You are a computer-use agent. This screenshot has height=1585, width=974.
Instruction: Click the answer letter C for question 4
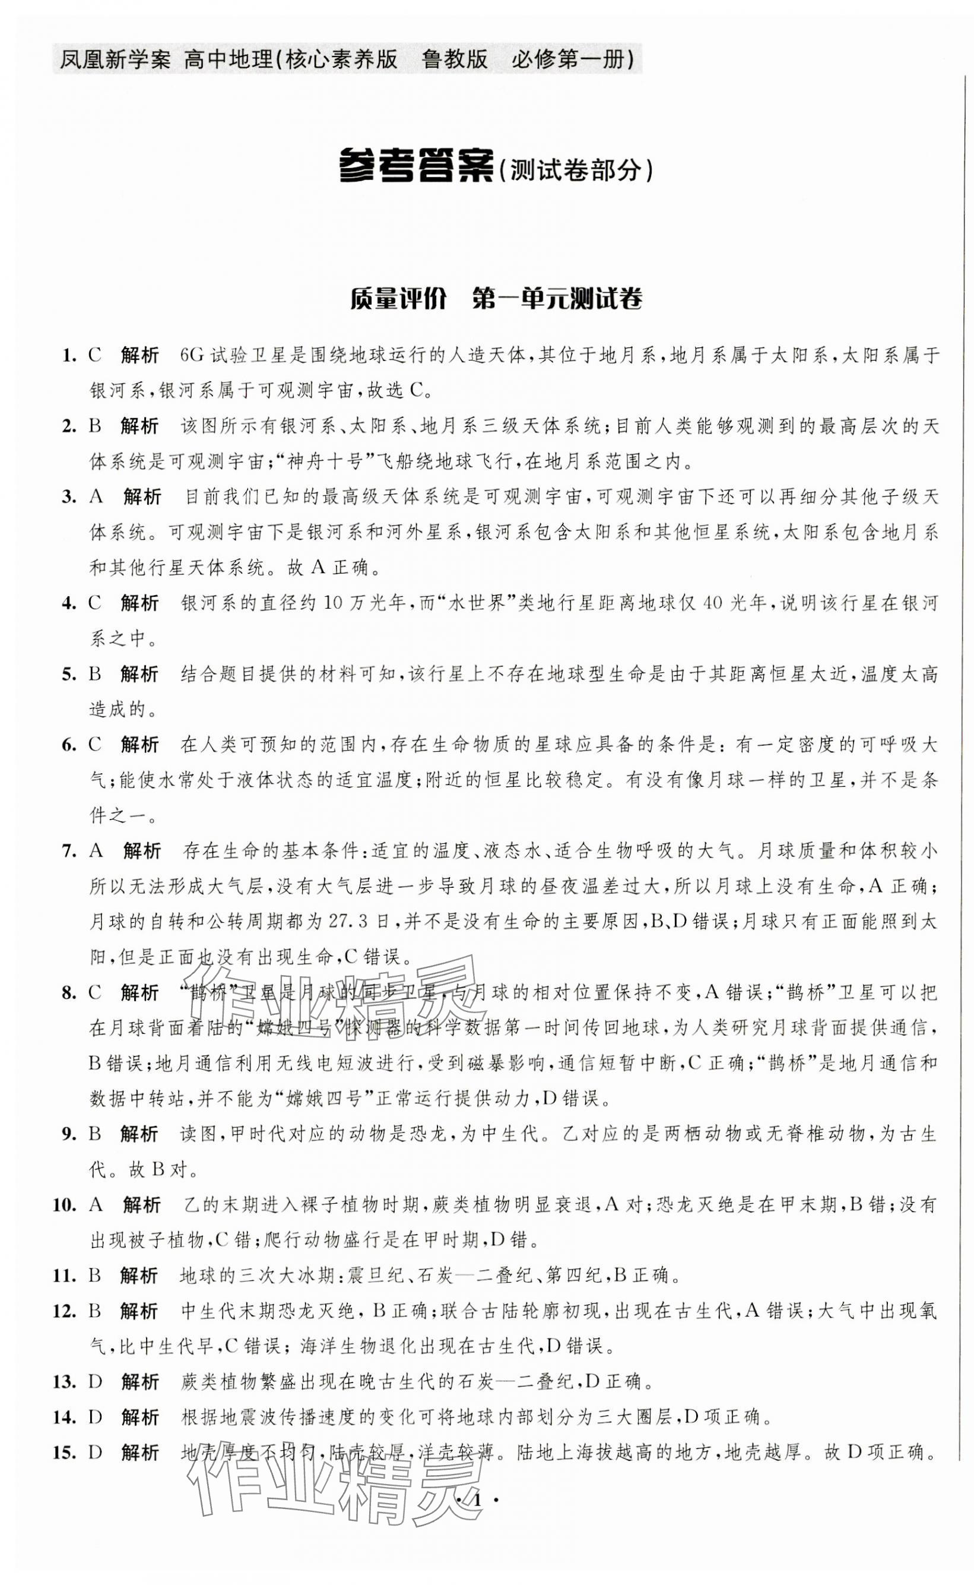pos(95,603)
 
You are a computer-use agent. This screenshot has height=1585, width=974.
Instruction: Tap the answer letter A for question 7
pos(96,850)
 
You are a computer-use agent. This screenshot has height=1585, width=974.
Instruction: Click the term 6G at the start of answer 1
pos(193,355)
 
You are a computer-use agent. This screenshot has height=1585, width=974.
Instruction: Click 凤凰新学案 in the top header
pos(115,60)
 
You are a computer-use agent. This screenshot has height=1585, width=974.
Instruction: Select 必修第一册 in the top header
pos(572,60)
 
